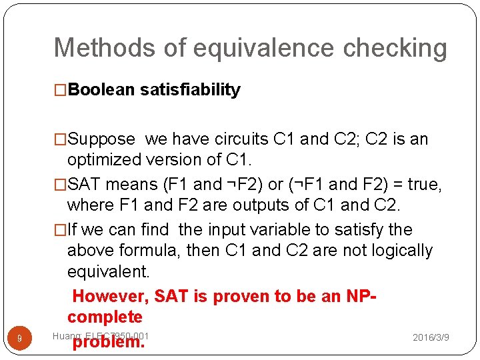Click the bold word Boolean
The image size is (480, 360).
click(x=101, y=90)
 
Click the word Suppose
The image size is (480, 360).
click(x=101, y=139)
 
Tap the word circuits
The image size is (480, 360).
click(x=243, y=139)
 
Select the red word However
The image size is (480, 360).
click(x=110, y=296)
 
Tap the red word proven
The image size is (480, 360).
click(x=225, y=296)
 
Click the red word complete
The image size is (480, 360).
click(x=105, y=317)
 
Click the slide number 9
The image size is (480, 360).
click(x=19, y=339)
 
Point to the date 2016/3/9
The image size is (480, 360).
click(x=431, y=338)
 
